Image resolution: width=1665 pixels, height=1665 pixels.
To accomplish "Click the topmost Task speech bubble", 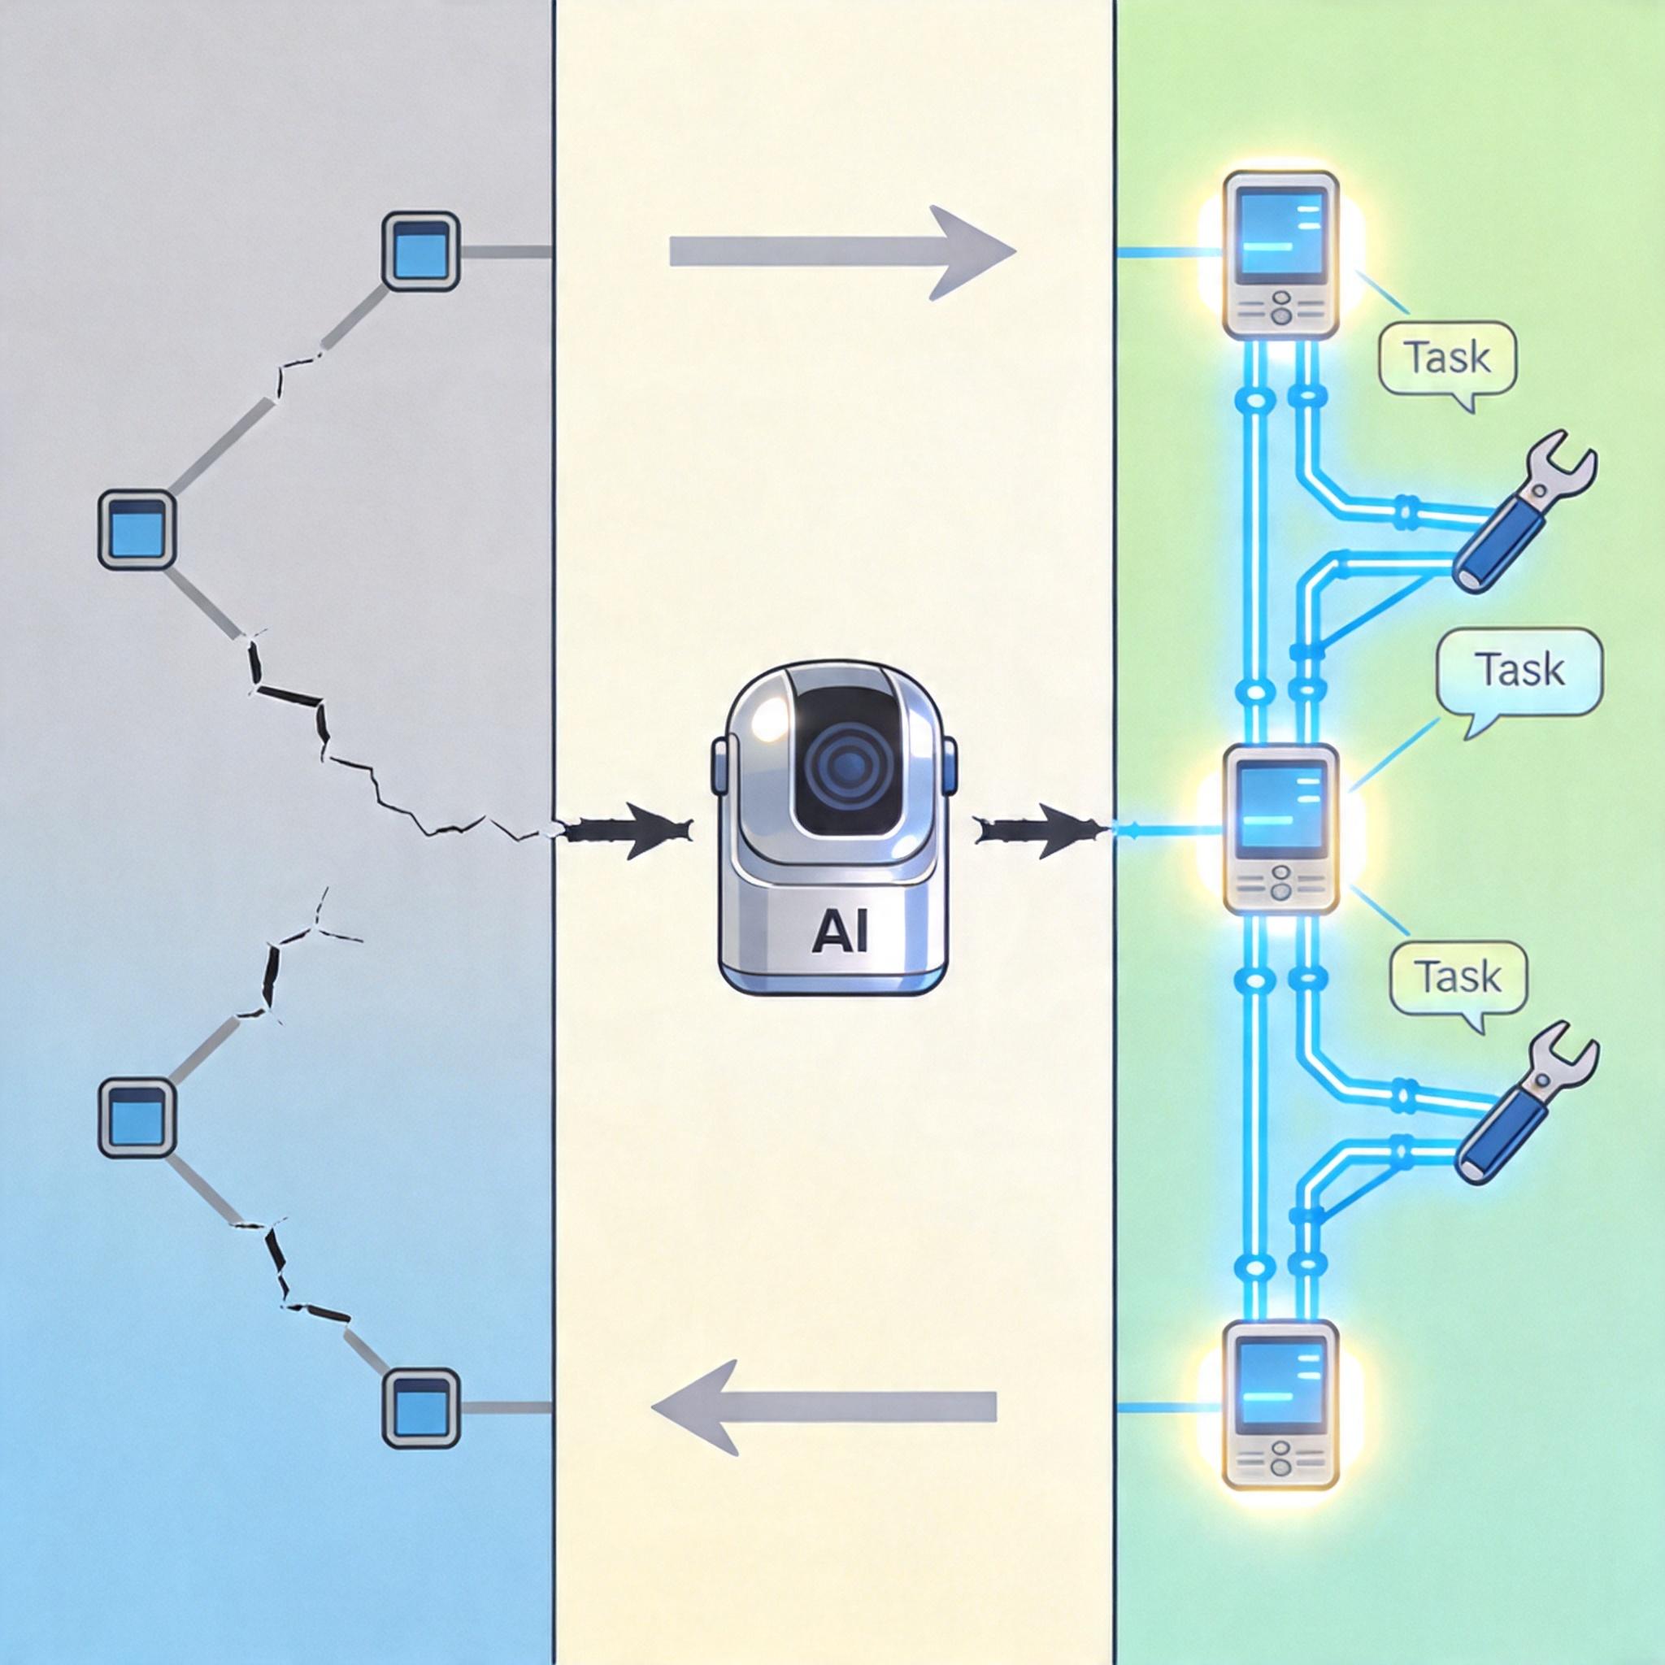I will pos(1447,359).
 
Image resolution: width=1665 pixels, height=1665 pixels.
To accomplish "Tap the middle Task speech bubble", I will pos(1519,670).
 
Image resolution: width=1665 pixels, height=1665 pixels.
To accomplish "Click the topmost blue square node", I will pos(420,250).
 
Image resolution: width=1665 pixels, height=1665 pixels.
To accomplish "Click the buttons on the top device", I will pos(1280,310).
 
